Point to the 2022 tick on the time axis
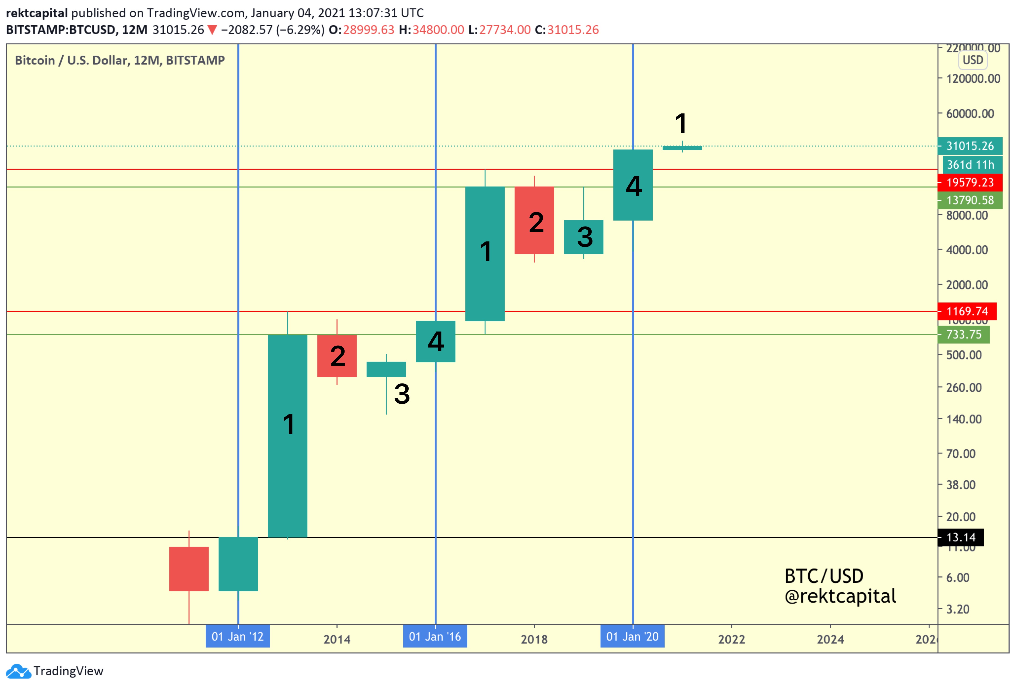[732, 639]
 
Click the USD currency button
[973, 60]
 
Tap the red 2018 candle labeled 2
[534, 220]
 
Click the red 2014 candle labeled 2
[337, 356]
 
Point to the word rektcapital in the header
[37, 13]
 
